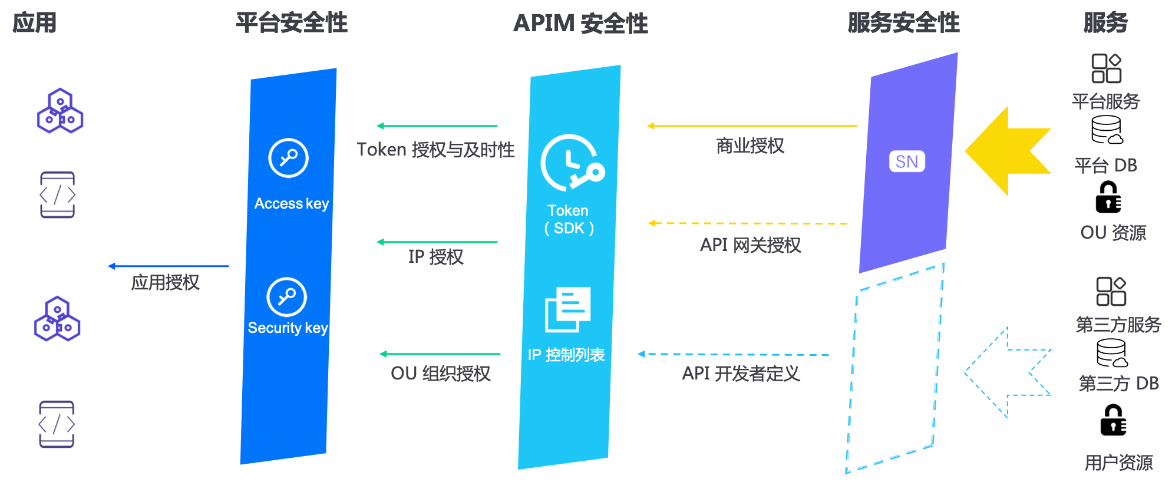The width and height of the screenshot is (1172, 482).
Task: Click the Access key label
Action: [x=292, y=203]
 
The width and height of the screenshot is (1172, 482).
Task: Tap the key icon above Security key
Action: [x=286, y=297]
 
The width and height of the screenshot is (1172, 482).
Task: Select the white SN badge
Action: [x=907, y=161]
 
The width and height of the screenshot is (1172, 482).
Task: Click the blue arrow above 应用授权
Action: [x=169, y=266]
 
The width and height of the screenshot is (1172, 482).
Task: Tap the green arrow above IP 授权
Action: [x=437, y=242]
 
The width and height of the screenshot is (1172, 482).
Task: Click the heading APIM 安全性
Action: [x=580, y=24]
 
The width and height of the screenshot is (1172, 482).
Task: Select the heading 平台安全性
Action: [x=292, y=23]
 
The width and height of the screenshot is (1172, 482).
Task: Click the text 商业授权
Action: [x=750, y=146]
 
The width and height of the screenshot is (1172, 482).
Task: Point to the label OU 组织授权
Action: [x=440, y=373]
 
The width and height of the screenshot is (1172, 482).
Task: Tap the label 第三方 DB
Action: [x=1118, y=384]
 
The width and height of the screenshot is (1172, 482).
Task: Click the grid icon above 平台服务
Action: [x=1106, y=68]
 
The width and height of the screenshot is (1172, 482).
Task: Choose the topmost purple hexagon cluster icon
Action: [x=60, y=111]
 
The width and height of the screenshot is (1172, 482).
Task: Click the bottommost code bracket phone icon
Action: [x=57, y=424]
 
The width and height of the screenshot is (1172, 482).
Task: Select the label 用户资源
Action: [x=1118, y=463]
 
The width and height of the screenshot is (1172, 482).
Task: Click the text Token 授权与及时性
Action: [x=435, y=150]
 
